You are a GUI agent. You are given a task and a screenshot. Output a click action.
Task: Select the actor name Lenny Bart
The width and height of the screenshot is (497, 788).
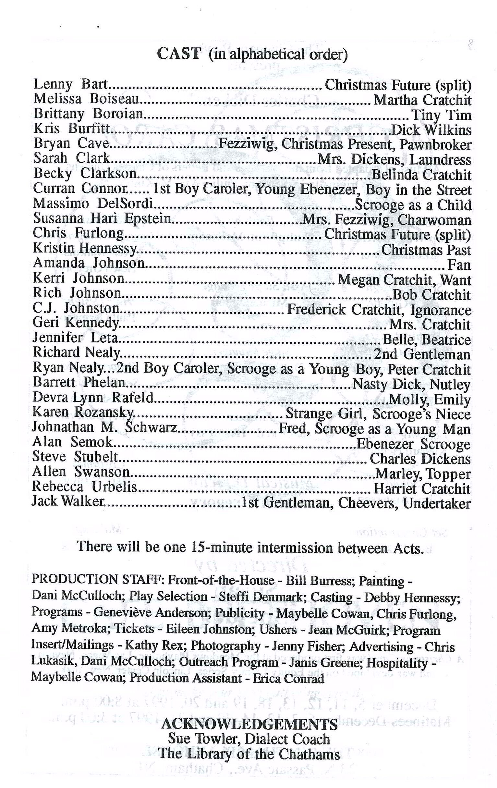coord(71,85)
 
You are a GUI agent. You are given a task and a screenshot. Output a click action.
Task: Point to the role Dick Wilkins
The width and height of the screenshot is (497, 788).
coord(431,130)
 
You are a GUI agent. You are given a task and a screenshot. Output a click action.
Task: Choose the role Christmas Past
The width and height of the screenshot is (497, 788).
coord(426,250)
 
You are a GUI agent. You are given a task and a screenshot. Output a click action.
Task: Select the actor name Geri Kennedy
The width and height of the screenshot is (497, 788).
coord(76,323)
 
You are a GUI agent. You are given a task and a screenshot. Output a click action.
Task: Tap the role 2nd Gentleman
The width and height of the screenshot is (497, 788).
coord(422,354)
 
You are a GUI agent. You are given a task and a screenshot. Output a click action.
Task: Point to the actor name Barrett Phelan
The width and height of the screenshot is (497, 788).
coord(79,383)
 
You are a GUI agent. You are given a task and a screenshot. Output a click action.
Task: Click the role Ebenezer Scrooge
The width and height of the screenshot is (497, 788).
coord(413,444)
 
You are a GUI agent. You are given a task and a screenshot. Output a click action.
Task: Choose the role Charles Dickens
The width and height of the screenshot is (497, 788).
coord(420,459)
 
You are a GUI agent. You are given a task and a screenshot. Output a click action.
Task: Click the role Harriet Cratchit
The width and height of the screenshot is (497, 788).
coord(422,489)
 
